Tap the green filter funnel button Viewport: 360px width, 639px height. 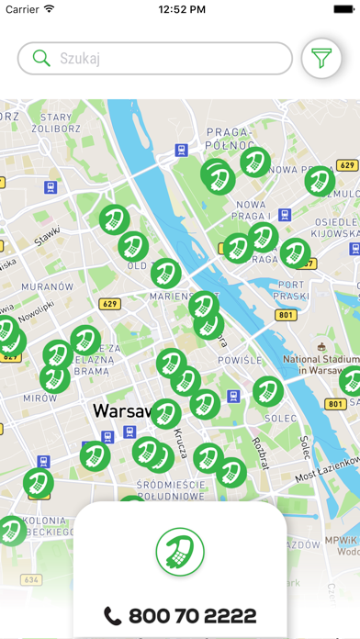(321, 59)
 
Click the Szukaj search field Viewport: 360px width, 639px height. (156, 59)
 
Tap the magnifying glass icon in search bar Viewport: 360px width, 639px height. (40, 59)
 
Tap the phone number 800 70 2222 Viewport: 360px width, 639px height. (180, 616)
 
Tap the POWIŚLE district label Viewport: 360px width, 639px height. (241, 361)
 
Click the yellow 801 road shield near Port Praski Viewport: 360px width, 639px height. (287, 315)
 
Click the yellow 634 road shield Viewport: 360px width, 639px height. (31, 579)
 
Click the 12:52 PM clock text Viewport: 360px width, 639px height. (181, 10)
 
